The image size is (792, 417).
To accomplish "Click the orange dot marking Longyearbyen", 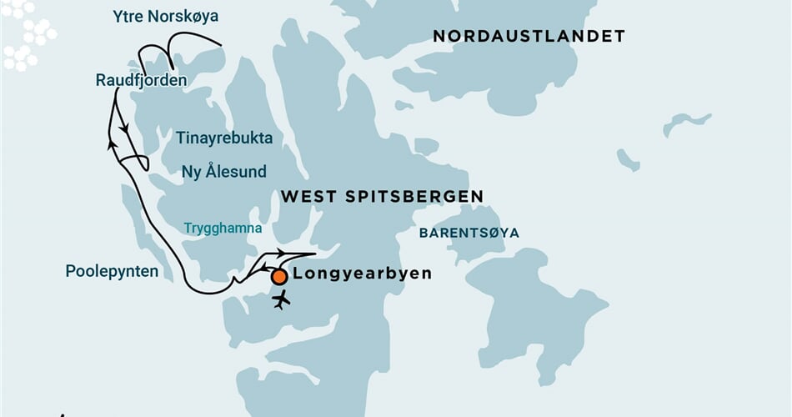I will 279,276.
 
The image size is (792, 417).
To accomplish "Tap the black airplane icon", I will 282,299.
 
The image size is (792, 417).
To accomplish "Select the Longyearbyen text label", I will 363,274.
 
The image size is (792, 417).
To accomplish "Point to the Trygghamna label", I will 223,229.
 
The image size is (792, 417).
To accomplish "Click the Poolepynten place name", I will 112,271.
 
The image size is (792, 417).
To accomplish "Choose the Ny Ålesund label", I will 223,172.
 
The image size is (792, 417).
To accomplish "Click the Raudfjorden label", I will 141,80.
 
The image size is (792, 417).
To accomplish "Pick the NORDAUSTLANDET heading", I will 529,36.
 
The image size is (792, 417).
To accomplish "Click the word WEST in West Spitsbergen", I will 311,197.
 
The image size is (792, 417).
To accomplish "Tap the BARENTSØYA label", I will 469,234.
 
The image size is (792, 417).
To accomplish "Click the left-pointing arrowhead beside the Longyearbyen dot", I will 264,267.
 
